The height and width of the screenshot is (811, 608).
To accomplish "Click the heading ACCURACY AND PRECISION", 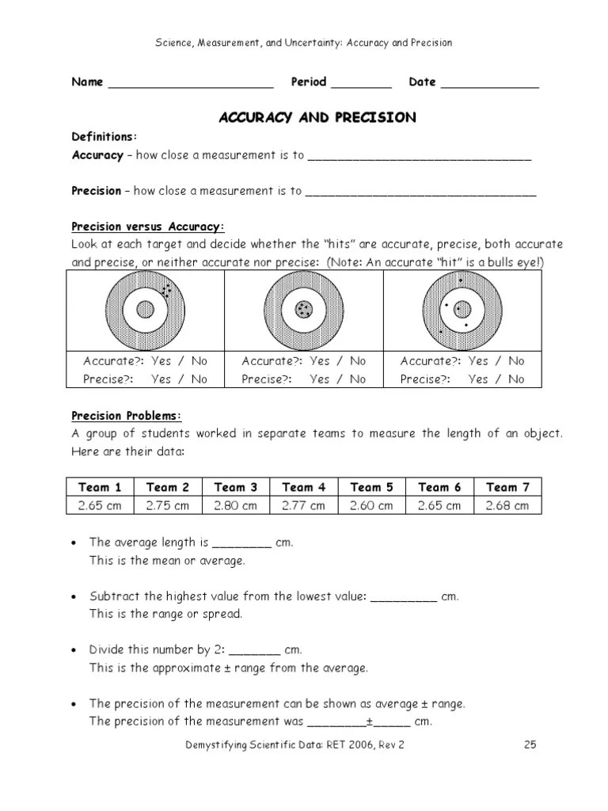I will click(317, 117).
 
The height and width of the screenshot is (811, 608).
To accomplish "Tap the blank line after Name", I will click(190, 84).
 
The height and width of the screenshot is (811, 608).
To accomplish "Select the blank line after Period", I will click(361, 84).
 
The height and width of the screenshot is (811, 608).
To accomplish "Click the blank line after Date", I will click(489, 84).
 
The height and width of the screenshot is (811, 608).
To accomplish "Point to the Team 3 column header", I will click(236, 487).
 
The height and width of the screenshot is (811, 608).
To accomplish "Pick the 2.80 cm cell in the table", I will click(236, 505).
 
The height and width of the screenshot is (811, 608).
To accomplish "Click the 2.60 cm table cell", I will click(371, 505).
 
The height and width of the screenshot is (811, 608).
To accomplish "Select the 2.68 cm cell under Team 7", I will click(507, 505).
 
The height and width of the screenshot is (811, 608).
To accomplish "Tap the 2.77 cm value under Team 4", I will click(304, 505).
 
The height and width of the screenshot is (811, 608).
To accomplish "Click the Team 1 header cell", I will click(100, 487).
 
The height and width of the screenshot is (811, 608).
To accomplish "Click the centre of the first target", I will click(145, 310).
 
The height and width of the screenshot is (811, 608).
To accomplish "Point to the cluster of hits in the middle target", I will click(303, 310).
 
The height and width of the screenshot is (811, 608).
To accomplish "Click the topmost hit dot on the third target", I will click(462, 280).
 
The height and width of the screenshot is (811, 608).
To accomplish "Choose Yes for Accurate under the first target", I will click(161, 361).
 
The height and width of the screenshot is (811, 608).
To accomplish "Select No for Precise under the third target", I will click(516, 379).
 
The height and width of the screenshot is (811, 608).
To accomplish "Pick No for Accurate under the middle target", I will click(358, 361).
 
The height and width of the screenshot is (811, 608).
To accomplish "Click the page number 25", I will click(530, 744).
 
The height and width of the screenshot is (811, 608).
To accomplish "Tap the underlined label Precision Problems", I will click(127, 416).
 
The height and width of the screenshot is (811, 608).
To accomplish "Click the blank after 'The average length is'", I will click(242, 543).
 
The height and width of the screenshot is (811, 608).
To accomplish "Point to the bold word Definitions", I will click(104, 136).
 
